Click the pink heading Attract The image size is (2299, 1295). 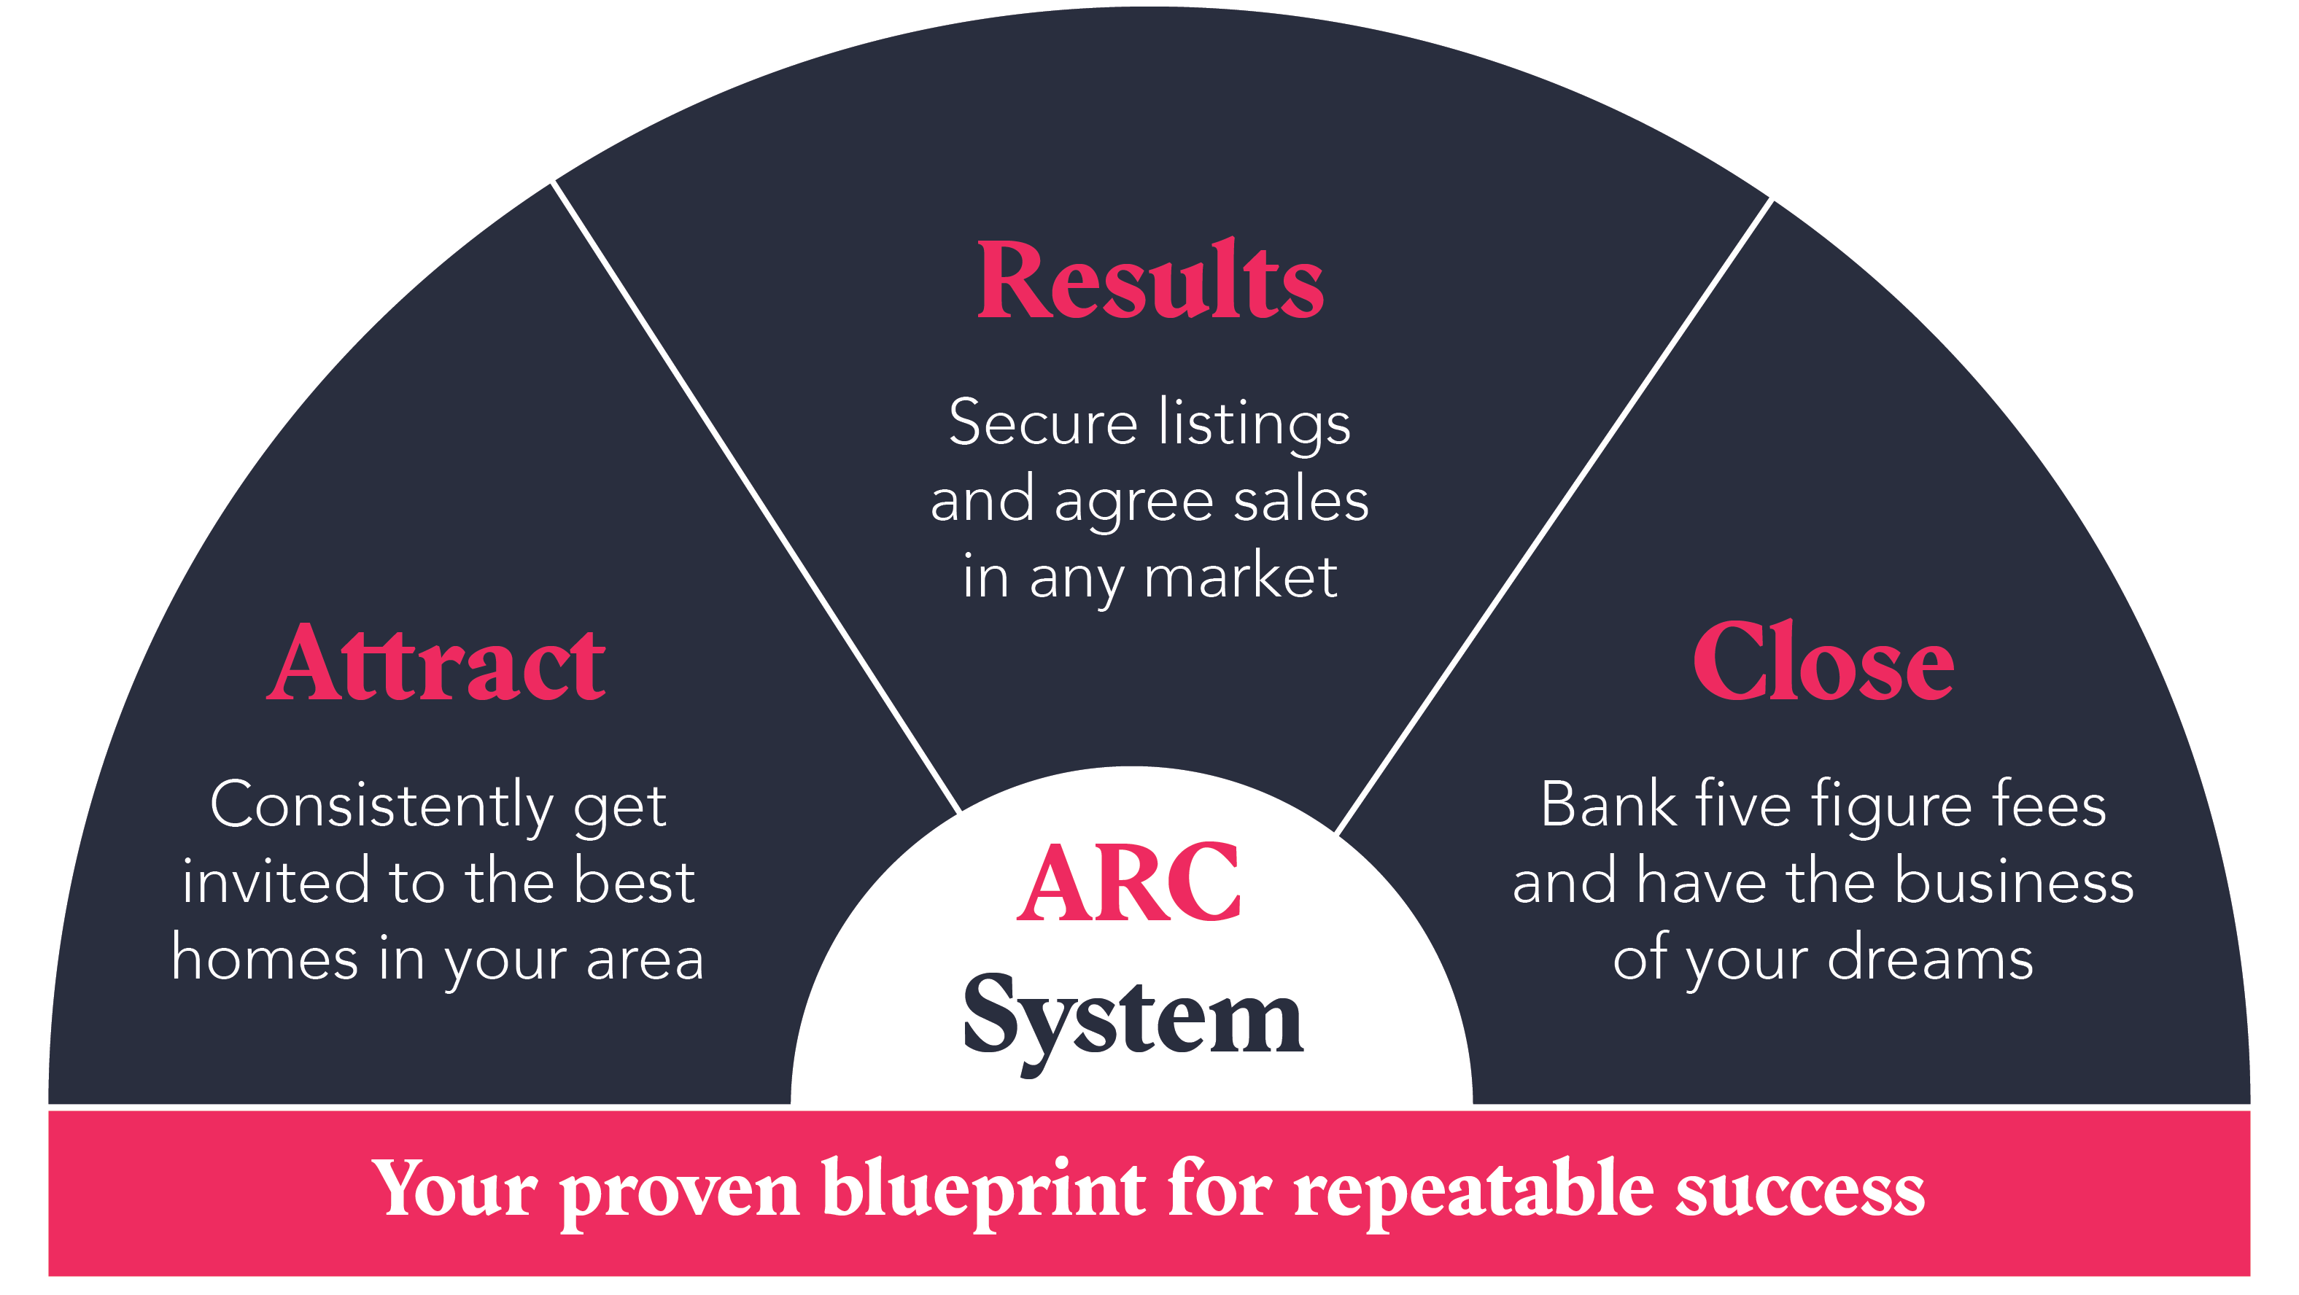pos(436,664)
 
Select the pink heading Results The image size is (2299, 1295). pos(1150,281)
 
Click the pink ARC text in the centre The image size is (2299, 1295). pos(1129,883)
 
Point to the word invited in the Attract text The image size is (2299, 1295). pos(276,882)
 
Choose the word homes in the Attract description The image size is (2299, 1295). pos(264,959)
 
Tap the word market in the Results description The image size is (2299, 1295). pos(1241,577)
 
